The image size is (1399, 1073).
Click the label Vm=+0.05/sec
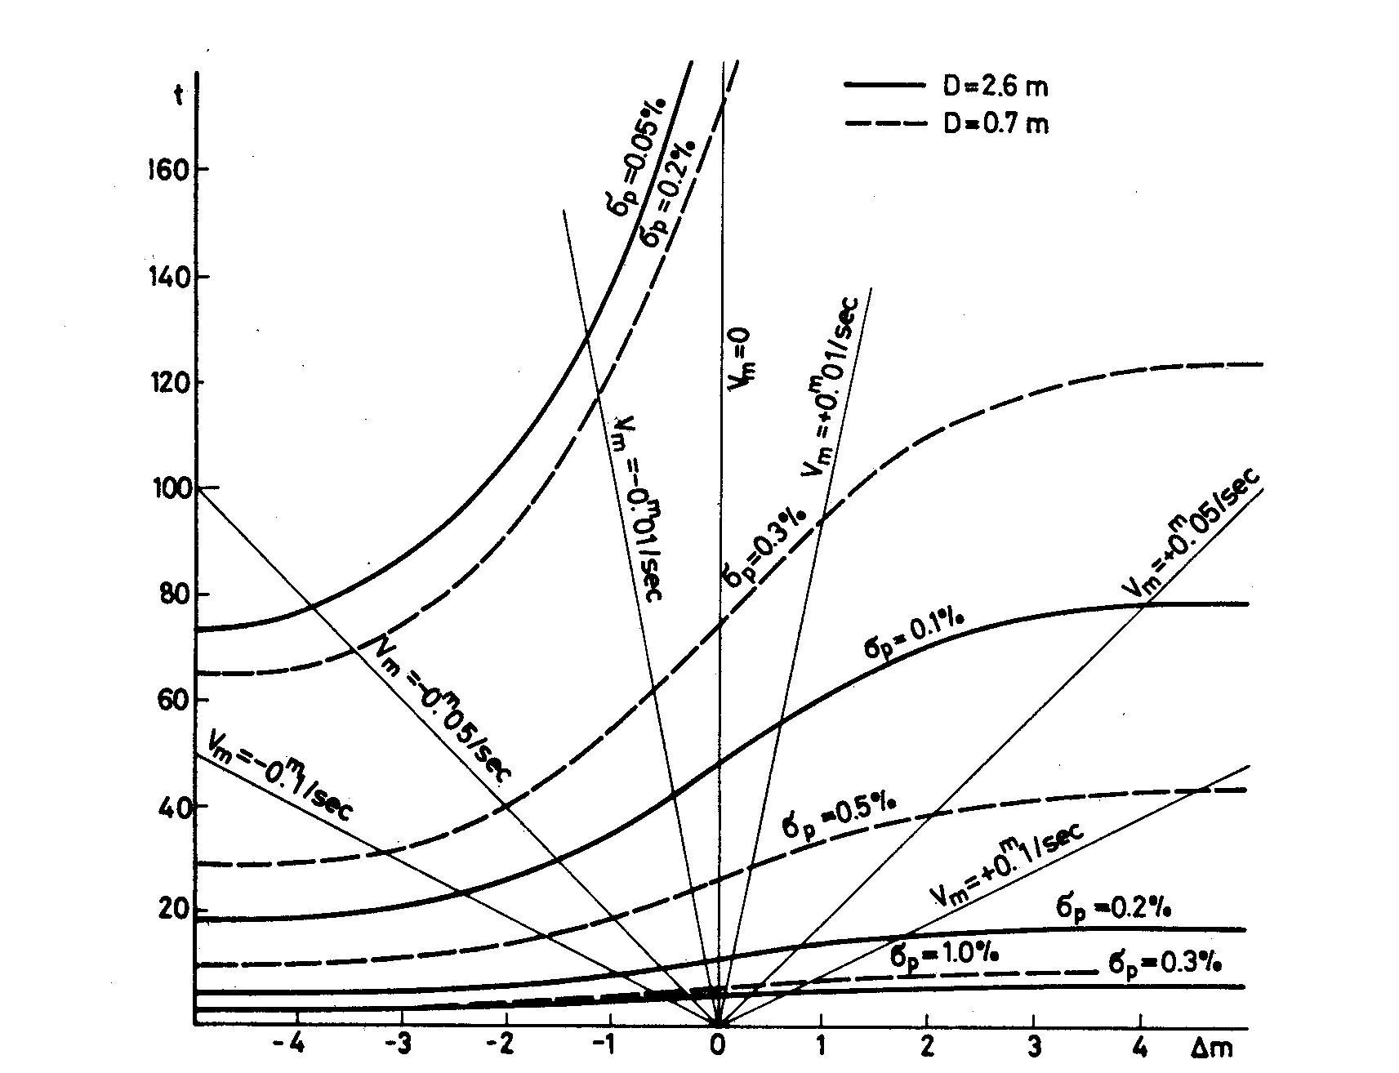point(1192,534)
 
